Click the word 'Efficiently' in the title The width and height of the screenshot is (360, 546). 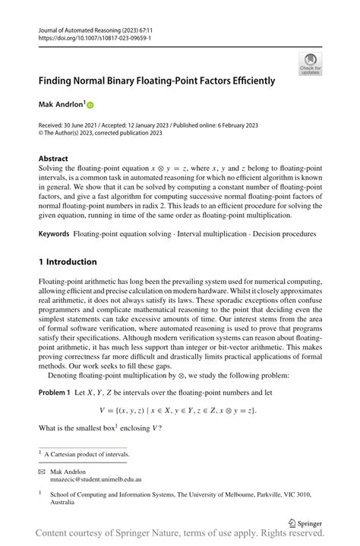(250, 80)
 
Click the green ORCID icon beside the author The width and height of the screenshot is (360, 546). (89, 105)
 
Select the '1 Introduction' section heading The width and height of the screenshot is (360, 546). (68, 262)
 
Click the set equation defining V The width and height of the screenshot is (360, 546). (183, 410)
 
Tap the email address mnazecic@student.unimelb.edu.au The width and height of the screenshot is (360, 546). (97, 480)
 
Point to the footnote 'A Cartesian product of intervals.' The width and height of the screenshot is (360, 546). (87, 454)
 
